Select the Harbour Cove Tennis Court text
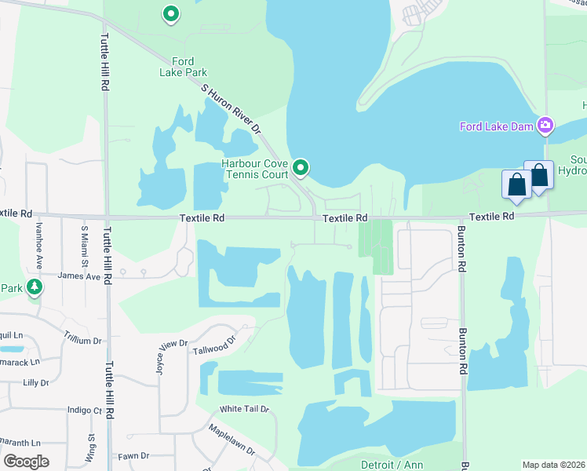(255, 169)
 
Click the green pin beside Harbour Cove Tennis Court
(301, 168)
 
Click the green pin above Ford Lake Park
(170, 13)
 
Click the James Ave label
(79, 276)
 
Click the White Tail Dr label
(244, 409)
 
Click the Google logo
(26, 462)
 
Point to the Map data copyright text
(553, 465)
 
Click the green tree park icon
(34, 287)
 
